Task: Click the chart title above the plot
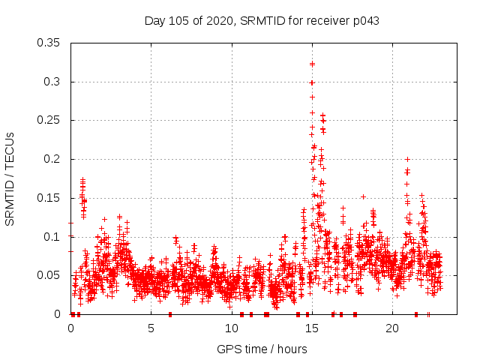click(x=262, y=21)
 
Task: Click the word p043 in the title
click(x=366, y=21)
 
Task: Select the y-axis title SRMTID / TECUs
click(x=10, y=178)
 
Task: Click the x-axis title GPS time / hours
click(x=262, y=349)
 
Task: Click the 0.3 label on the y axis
click(x=53, y=82)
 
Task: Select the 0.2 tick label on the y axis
click(x=53, y=159)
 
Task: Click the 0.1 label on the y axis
click(x=53, y=237)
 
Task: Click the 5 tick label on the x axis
click(x=151, y=328)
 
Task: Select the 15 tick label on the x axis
click(x=311, y=328)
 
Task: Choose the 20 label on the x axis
click(x=391, y=328)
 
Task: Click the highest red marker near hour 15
click(x=312, y=64)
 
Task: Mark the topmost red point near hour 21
click(x=407, y=159)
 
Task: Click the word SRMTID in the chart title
click(x=262, y=21)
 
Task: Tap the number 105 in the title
click(x=180, y=21)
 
